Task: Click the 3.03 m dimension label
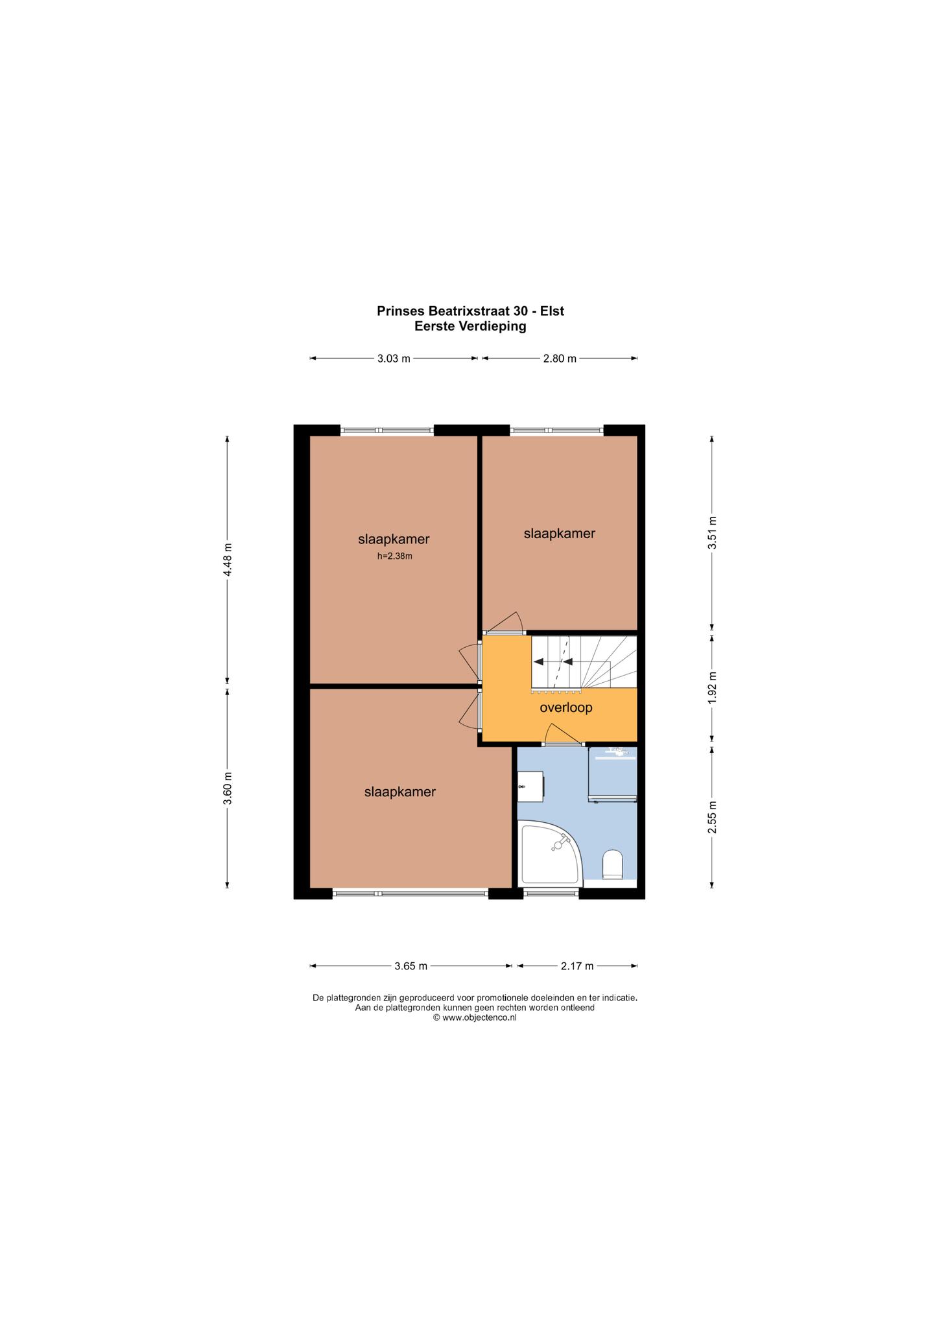pyautogui.click(x=394, y=359)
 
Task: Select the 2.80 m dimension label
pyautogui.click(x=560, y=359)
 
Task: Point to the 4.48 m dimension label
pyautogui.click(x=227, y=560)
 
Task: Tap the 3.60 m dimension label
pyautogui.click(x=227, y=788)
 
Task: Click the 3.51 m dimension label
pyautogui.click(x=712, y=532)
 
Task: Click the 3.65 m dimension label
pyautogui.click(x=411, y=966)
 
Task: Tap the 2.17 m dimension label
pyautogui.click(x=577, y=966)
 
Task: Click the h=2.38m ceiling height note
pyautogui.click(x=395, y=556)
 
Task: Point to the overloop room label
pyautogui.click(x=566, y=707)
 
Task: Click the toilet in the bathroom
pyautogui.click(x=613, y=865)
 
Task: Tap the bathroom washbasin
pyautogui.click(x=531, y=786)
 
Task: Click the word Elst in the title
pyautogui.click(x=553, y=311)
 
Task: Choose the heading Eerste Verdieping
pyautogui.click(x=470, y=326)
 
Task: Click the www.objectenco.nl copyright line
pyautogui.click(x=475, y=1017)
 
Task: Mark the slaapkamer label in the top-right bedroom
pyautogui.click(x=560, y=534)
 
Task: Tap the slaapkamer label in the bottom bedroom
pyautogui.click(x=400, y=792)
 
